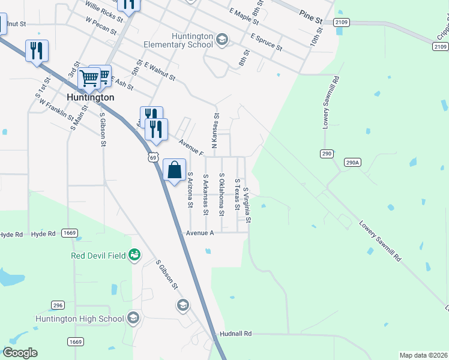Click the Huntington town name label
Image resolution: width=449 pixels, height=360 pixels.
click(91, 97)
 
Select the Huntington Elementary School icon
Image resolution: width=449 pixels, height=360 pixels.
click(221, 40)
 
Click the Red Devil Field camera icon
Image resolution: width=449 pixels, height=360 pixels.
click(135, 256)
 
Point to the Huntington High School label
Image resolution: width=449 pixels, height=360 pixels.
click(80, 319)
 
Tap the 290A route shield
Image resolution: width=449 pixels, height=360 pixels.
click(354, 162)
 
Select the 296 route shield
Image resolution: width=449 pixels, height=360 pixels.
click(58, 305)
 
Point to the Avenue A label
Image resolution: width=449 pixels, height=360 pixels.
click(200, 233)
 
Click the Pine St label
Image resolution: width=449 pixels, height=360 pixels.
click(311, 20)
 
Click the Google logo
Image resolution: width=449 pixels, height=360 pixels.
click(20, 353)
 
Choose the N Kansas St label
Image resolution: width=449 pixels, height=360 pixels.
click(216, 123)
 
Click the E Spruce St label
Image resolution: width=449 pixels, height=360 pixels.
click(267, 42)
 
